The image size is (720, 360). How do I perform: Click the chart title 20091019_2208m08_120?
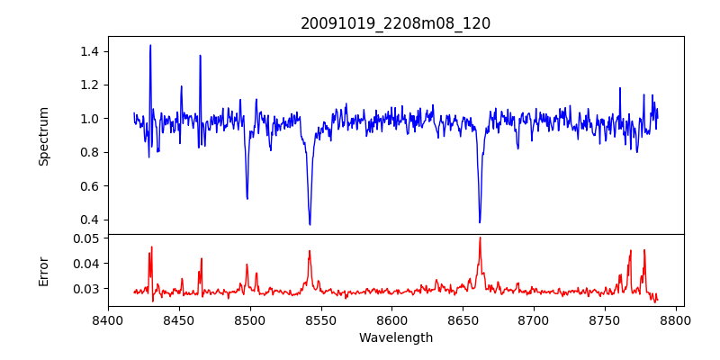click(395, 23)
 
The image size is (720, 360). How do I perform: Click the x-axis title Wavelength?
click(396, 337)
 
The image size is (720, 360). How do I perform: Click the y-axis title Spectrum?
click(43, 136)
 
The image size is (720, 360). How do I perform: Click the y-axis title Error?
click(43, 271)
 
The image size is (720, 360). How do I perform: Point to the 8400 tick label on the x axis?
click(108, 319)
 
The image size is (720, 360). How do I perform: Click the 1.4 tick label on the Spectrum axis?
click(88, 51)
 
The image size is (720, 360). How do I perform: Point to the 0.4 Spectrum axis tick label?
click(88, 220)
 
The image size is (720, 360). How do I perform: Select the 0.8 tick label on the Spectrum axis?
click(88, 152)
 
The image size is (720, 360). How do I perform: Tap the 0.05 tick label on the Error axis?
click(85, 238)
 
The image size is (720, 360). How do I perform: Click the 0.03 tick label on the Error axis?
click(85, 289)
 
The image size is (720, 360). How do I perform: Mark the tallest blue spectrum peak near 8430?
click(150, 45)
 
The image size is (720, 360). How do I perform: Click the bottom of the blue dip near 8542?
click(310, 224)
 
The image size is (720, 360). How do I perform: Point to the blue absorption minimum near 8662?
click(480, 222)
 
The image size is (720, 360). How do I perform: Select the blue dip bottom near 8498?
click(247, 198)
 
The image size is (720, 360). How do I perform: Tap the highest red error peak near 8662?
click(480, 238)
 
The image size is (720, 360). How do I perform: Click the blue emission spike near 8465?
click(200, 56)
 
